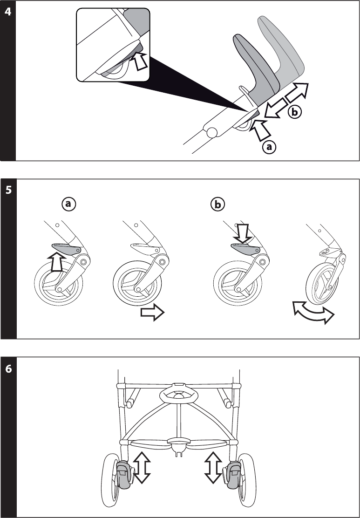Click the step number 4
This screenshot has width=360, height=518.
8,11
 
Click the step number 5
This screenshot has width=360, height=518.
8,190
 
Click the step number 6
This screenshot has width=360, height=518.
8,368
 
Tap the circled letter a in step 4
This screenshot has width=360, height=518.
269,147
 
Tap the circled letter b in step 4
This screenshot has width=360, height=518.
294,112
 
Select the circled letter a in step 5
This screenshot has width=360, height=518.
68,204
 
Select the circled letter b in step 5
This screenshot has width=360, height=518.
217,204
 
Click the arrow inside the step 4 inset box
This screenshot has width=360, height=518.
140,62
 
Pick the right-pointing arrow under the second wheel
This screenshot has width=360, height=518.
152,314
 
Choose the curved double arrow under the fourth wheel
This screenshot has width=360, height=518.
313,312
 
